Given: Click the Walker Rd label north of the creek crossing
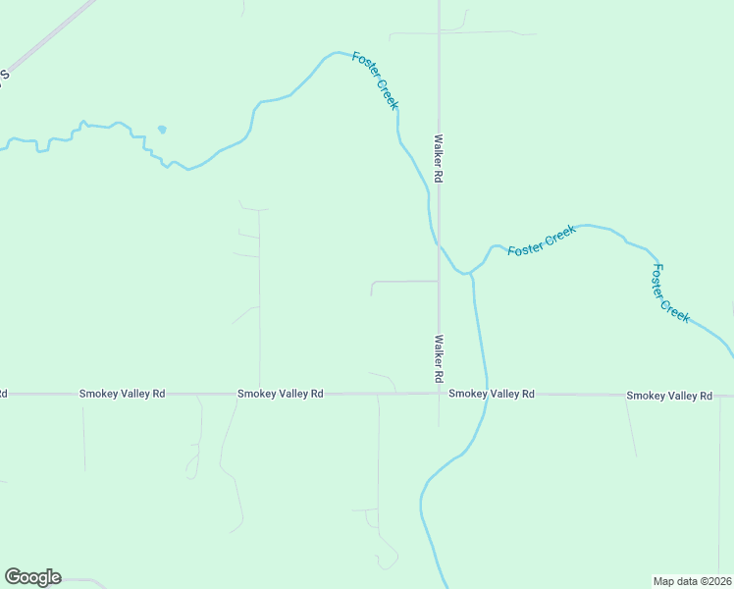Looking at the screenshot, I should (440, 159).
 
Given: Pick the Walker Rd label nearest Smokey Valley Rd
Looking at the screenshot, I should (439, 359).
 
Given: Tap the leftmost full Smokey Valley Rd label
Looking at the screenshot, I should (122, 394).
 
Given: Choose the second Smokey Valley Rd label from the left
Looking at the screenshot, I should (280, 394).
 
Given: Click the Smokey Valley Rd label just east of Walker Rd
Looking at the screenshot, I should (492, 394).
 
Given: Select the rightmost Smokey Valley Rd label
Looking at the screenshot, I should (669, 396).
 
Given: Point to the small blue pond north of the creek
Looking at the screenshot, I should (161, 129).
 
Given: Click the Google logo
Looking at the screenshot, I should (32, 577).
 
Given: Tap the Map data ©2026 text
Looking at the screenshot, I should (692, 580).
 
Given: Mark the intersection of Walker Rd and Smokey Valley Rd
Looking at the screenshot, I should (439, 394).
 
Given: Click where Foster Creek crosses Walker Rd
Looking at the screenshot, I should (439, 245).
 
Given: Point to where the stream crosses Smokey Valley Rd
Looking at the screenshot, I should (486, 395).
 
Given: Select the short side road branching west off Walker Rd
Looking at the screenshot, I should (402, 282).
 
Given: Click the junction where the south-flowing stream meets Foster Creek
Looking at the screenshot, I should (470, 273).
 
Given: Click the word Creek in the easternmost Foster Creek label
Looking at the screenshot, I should (676, 310).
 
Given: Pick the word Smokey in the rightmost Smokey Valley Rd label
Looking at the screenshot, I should (646, 396).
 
